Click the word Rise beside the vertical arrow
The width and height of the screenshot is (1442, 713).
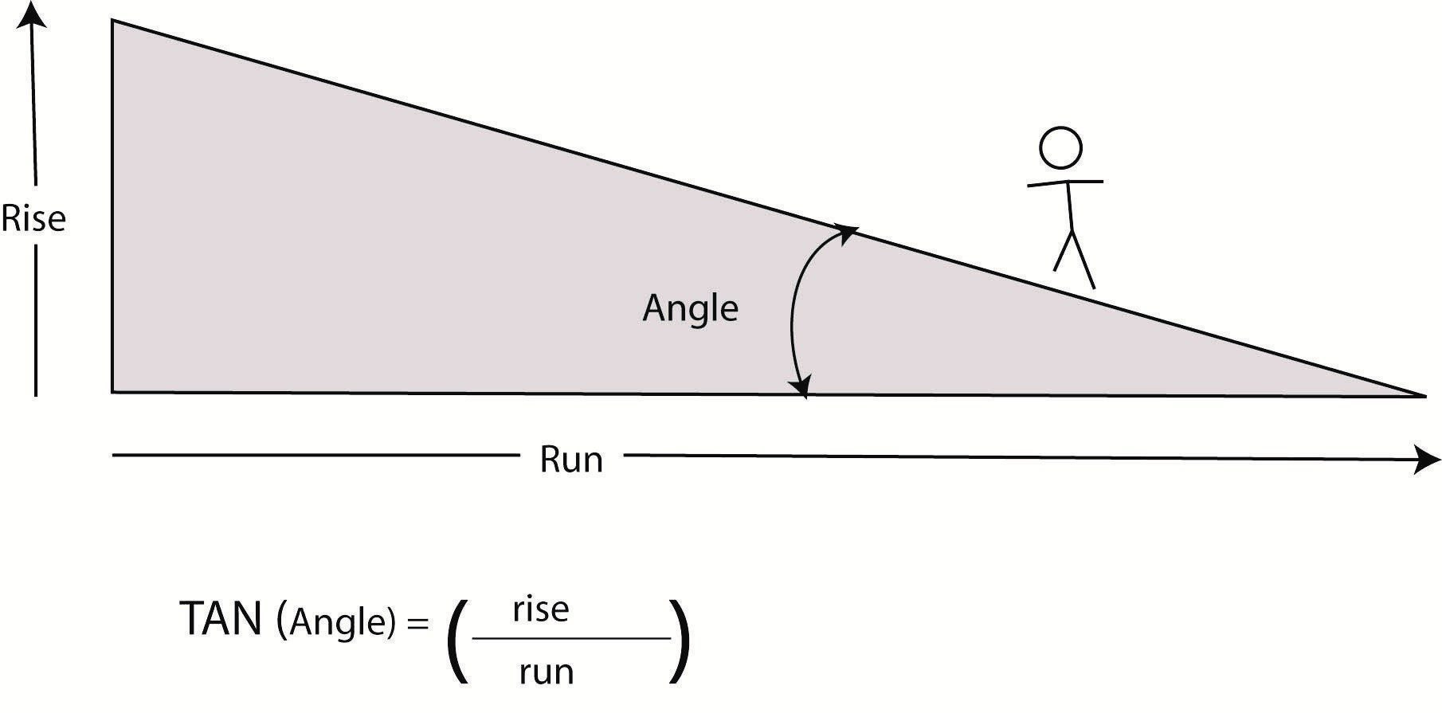click(x=33, y=218)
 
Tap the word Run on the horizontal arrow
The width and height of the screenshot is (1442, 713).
click(x=570, y=460)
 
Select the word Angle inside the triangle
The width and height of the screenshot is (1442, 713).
click(x=690, y=308)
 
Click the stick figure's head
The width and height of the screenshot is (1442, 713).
click(x=1060, y=147)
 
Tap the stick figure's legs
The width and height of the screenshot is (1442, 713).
click(x=1074, y=259)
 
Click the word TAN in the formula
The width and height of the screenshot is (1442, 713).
click(x=222, y=620)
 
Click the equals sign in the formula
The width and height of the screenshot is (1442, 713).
click(x=417, y=623)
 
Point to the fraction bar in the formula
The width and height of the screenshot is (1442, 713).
click(x=571, y=638)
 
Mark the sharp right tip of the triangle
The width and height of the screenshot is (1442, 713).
click(x=1423, y=394)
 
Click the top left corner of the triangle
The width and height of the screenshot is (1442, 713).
click(x=112, y=21)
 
